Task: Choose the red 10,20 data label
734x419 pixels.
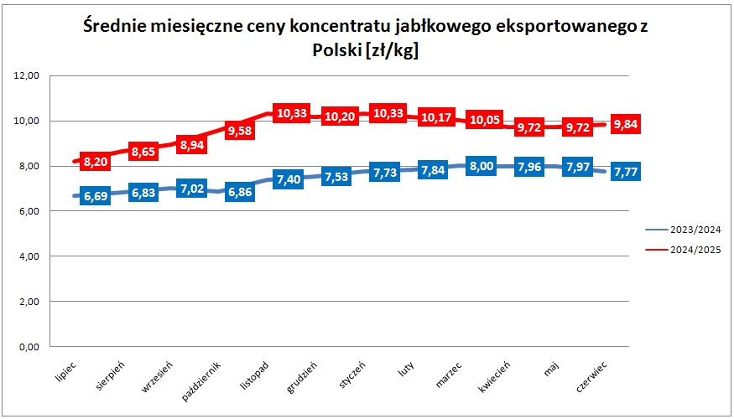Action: (337, 116)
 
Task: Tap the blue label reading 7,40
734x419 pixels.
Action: (289, 179)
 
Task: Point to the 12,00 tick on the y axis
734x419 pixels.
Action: (29, 76)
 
